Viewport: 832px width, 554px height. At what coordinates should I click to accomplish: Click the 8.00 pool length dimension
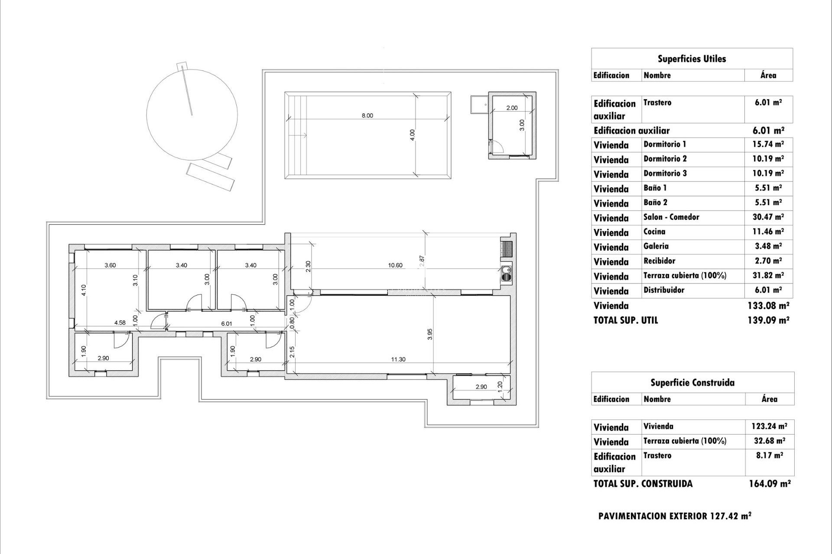click(x=367, y=116)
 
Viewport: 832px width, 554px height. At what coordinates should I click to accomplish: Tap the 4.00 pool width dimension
click(x=413, y=135)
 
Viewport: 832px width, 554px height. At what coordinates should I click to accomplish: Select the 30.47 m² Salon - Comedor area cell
click(x=768, y=217)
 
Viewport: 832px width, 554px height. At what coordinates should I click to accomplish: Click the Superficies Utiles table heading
click(x=692, y=59)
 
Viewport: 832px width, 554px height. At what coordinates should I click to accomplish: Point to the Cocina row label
click(x=654, y=232)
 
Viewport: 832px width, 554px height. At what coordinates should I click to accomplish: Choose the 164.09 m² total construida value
click(x=770, y=484)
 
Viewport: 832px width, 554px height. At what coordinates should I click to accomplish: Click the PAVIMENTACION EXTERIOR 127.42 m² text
click(x=675, y=516)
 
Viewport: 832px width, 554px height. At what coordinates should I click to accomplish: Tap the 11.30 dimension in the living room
click(x=398, y=359)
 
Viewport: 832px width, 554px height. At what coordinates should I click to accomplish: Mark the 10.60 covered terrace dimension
click(x=395, y=265)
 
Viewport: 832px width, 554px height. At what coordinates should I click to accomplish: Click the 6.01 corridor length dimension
click(x=227, y=323)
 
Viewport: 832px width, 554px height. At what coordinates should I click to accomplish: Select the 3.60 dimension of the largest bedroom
click(x=110, y=265)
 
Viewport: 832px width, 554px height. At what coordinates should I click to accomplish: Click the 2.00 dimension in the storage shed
click(x=512, y=108)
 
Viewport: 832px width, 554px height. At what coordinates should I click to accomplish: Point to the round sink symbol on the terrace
click(x=506, y=271)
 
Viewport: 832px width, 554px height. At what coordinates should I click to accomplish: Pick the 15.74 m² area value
click(x=768, y=145)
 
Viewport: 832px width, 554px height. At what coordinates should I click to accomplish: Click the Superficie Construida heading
click(x=692, y=383)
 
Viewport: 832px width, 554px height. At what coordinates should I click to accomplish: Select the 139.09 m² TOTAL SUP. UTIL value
click(x=768, y=320)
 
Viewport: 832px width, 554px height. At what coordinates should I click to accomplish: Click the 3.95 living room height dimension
click(x=430, y=334)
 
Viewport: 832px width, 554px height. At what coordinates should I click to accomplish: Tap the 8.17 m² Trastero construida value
click(x=769, y=456)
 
